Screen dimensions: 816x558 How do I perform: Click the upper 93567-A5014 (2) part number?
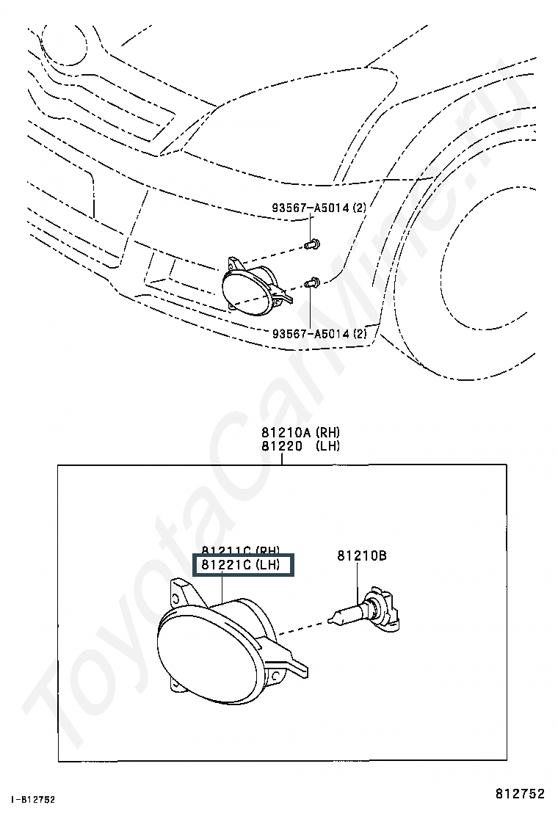click(x=319, y=208)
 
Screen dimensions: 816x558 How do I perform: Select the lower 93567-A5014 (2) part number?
click(x=319, y=334)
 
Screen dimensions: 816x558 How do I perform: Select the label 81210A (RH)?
click(x=300, y=432)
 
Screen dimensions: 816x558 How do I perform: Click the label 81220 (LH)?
click(x=300, y=445)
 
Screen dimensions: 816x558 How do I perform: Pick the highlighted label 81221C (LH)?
click(x=242, y=565)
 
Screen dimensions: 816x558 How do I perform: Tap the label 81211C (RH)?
click(x=242, y=552)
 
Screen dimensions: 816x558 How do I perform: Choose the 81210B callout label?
click(x=362, y=556)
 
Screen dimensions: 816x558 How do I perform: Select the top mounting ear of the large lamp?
click(x=180, y=589)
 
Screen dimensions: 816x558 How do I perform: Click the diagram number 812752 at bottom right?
click(x=520, y=793)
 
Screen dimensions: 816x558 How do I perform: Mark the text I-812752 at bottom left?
click(x=34, y=799)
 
